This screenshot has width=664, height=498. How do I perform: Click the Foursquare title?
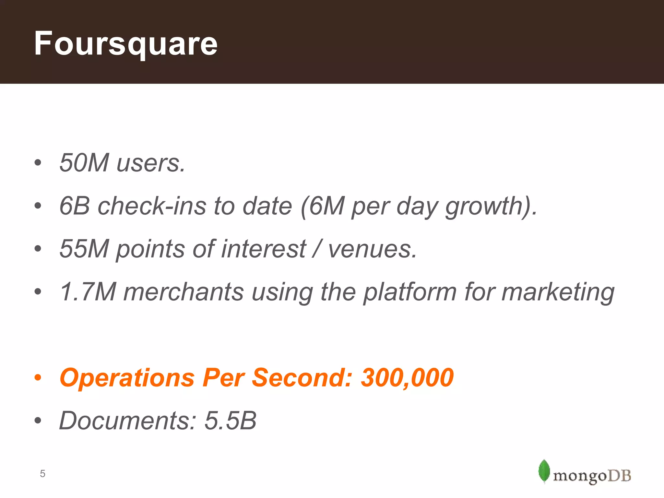pos(126,44)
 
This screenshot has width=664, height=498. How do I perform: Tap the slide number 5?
pos(42,474)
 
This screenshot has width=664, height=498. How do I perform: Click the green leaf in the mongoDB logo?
pos(544,470)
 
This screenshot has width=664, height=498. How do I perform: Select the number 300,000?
pos(407,378)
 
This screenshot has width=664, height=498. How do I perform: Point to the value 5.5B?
pos(231,421)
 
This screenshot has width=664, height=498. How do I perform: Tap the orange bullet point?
pos(38,378)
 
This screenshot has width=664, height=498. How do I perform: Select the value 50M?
pos(84,162)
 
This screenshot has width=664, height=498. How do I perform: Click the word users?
pos(151,163)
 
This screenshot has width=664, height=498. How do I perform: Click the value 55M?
pos(84,249)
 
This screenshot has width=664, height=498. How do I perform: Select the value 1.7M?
pos(88,291)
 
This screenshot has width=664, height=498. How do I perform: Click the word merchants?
pos(184,291)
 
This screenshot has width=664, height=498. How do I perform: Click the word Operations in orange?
pos(127,378)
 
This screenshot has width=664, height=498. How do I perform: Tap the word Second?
pos(302,378)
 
